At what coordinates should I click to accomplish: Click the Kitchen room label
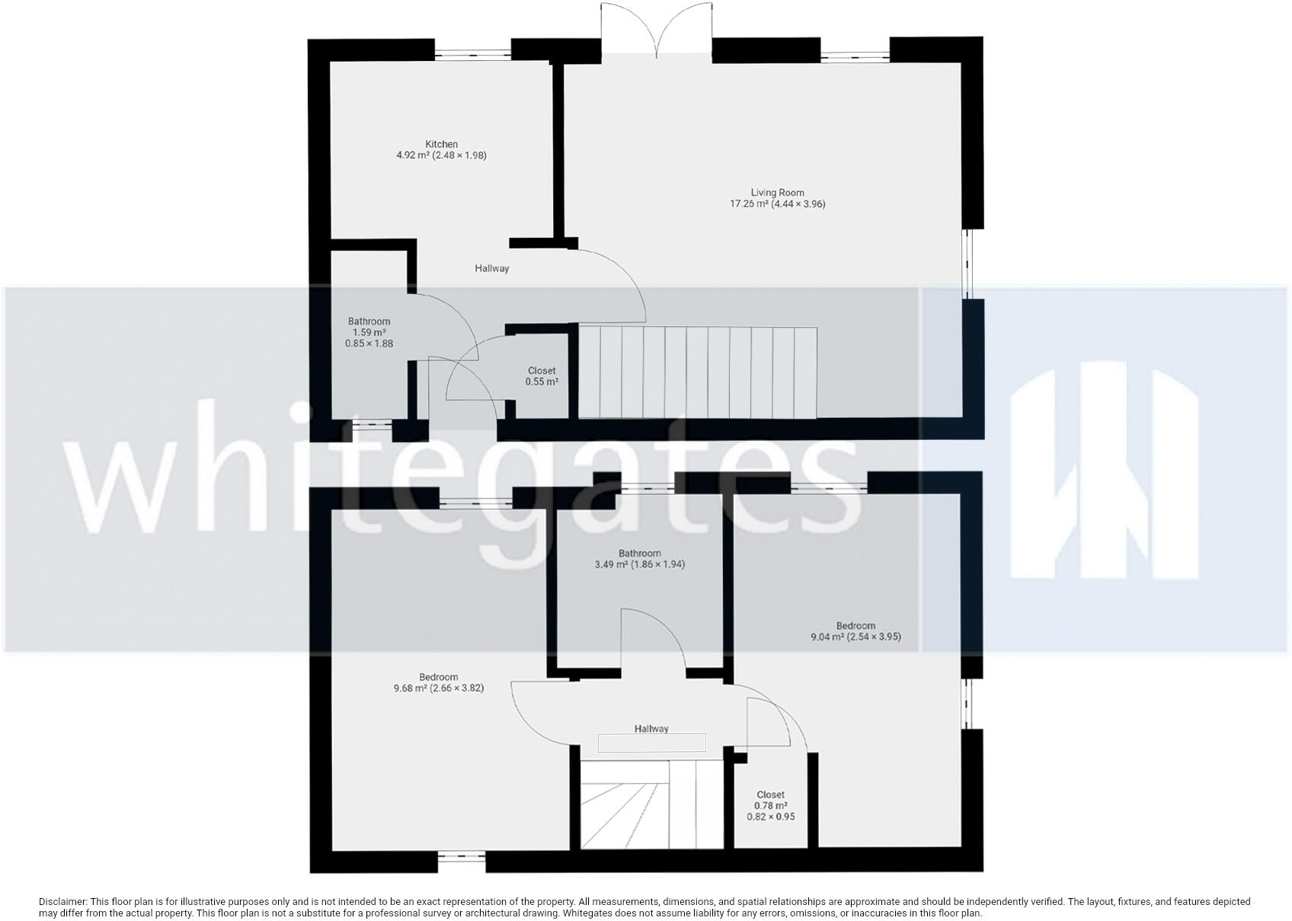(x=441, y=144)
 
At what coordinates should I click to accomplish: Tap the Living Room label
(x=777, y=193)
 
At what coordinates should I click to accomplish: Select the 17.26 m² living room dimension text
(x=777, y=204)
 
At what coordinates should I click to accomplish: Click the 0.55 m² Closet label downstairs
(x=542, y=376)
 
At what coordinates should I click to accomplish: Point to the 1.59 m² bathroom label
(x=369, y=332)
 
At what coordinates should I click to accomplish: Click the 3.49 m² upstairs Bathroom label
(x=639, y=559)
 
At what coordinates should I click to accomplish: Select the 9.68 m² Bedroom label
(x=438, y=682)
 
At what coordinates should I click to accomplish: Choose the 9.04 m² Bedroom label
(x=855, y=631)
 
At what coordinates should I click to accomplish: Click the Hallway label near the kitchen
(x=491, y=268)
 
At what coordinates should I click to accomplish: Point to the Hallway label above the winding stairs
(x=651, y=729)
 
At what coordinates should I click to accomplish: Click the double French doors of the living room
(x=657, y=30)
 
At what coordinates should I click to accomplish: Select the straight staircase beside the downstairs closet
(x=697, y=372)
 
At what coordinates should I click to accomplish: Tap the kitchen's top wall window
(x=473, y=53)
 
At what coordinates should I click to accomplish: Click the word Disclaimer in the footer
(x=62, y=901)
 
